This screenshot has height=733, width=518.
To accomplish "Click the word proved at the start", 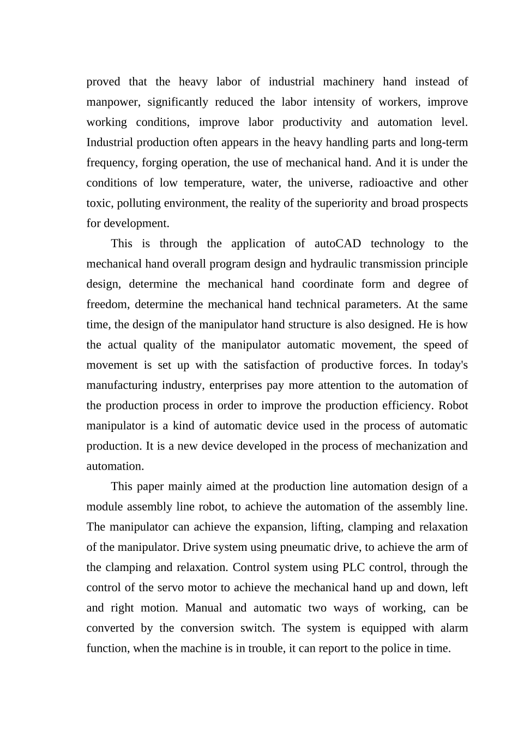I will click(x=103, y=82).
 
